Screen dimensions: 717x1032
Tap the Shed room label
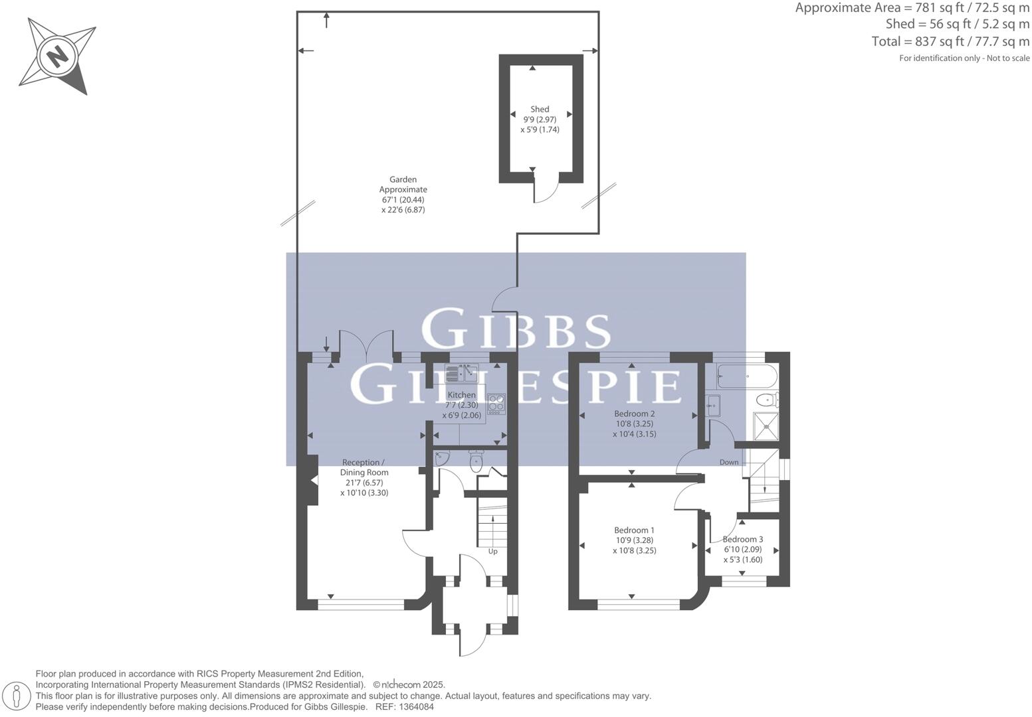point(540,110)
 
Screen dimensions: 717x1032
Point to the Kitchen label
point(461,395)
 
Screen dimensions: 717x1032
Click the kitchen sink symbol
point(462,374)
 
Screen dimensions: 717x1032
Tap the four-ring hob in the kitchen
point(496,404)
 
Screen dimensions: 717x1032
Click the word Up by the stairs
point(492,551)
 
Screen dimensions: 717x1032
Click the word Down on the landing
point(729,462)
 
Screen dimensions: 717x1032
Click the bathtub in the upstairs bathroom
point(746,376)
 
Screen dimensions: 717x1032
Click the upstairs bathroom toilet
point(768,400)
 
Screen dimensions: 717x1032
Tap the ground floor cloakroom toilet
point(476,462)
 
